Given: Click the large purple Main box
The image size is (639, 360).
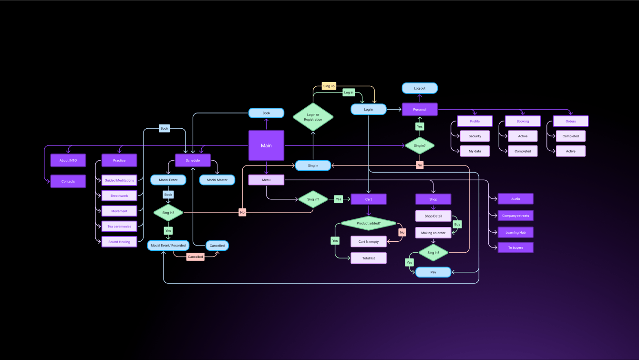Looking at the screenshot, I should pos(266,145).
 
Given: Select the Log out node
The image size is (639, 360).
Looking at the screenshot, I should pos(420,88).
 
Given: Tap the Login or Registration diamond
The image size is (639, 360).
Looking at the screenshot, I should pos(313,117).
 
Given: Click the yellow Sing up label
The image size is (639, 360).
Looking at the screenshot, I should pos(329,86).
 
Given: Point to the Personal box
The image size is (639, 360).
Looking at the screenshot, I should pos(420,109).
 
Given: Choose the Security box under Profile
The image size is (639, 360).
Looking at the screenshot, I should pos(474,136).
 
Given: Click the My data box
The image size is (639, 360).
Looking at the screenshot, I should pos(474,151).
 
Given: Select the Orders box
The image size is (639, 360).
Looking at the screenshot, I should pos(570,121).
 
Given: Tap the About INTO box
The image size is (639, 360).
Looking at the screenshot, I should pos(68,160).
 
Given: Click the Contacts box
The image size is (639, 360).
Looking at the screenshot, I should pos(68,181).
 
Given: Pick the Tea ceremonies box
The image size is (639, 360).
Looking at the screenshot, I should pos(119,226).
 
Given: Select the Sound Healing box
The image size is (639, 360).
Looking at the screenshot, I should pos(119,242).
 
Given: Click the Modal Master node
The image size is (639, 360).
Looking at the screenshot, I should pos(217,180).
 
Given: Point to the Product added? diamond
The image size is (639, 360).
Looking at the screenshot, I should pos(369,223).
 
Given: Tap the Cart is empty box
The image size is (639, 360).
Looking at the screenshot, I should pos(369,242).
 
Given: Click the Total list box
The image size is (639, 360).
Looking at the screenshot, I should pos(369,258).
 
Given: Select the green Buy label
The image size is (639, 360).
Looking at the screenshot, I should pos(457,224).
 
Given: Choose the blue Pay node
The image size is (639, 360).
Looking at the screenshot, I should pos(433,272).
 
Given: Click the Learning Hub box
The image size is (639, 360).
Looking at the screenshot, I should pos(515,232).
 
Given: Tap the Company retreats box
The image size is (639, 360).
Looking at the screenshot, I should pos(515,216).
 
